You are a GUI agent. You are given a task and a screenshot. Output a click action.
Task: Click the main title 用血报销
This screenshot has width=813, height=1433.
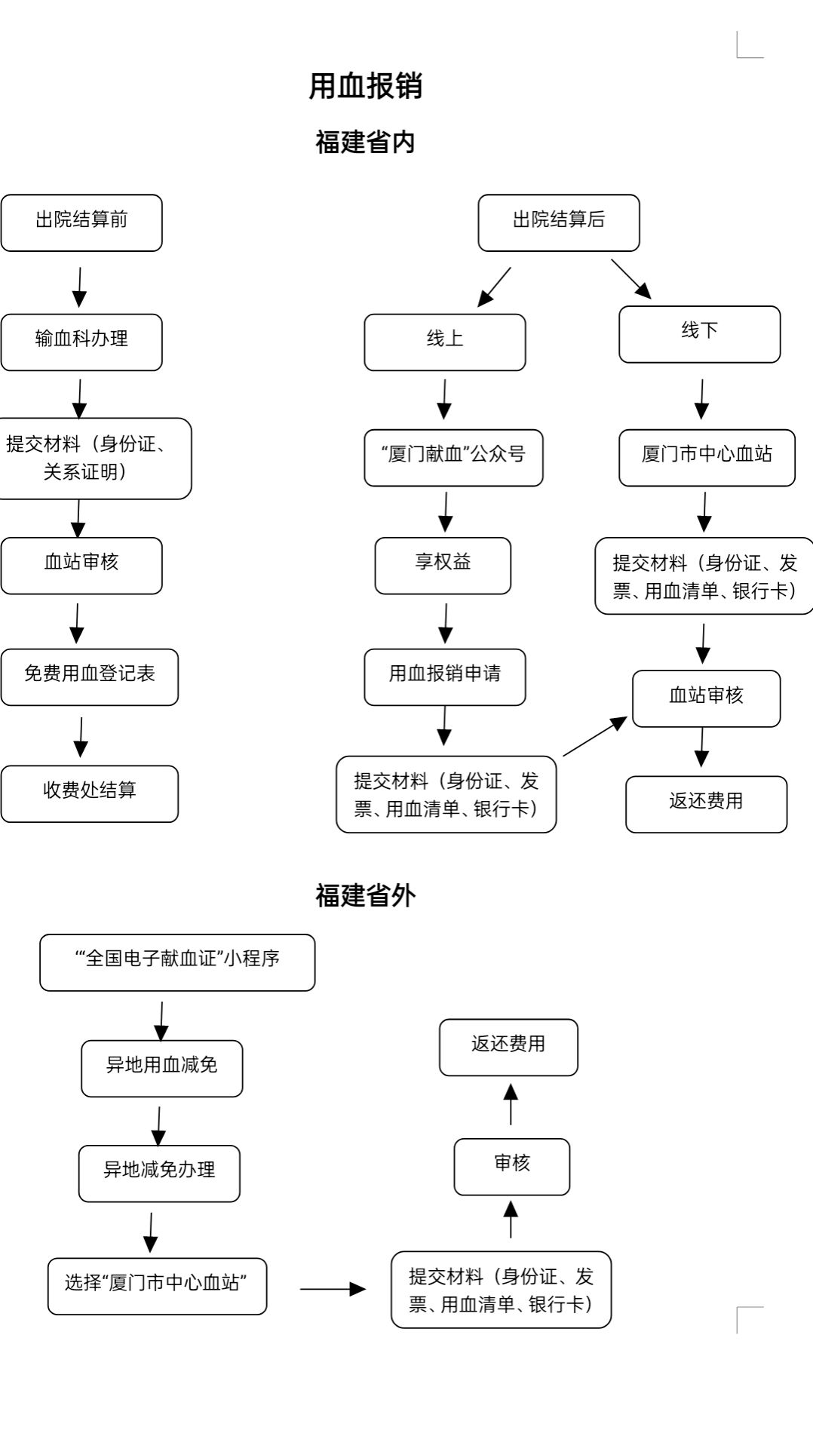(366, 86)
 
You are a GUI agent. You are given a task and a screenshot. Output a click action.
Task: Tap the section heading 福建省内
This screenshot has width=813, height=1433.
(366, 142)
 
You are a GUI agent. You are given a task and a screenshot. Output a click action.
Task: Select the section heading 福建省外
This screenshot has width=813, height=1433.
(366, 895)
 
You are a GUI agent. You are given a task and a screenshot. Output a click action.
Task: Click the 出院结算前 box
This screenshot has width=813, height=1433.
(81, 222)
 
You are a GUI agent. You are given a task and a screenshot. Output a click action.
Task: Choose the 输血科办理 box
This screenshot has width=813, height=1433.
(81, 342)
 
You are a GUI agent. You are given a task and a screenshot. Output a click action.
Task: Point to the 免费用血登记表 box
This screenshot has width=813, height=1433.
(89, 677)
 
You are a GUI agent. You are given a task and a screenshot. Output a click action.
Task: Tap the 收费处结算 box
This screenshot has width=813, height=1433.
(89, 793)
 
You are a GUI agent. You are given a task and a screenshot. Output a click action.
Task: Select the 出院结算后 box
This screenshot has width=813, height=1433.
(559, 222)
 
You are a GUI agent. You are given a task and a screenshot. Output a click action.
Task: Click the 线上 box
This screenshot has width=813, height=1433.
(445, 342)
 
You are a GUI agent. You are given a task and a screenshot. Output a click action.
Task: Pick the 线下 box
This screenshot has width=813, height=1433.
(700, 334)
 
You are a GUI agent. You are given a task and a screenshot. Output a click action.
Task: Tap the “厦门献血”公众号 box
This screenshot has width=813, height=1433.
(453, 458)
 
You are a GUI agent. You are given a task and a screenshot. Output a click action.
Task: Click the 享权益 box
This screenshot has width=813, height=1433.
(443, 566)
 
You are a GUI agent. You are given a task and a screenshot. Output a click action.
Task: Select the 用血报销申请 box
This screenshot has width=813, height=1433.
(445, 677)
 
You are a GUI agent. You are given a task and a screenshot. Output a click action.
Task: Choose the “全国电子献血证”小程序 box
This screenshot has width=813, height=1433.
(177, 962)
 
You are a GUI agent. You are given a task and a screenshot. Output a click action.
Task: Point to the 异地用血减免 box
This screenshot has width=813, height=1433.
(162, 1069)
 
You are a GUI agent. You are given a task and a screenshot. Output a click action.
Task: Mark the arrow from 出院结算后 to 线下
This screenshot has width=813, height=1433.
(631, 279)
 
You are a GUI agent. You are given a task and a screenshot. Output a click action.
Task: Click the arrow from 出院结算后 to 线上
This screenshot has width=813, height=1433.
(494, 287)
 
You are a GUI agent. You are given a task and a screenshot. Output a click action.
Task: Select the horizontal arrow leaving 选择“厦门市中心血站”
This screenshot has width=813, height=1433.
(333, 1289)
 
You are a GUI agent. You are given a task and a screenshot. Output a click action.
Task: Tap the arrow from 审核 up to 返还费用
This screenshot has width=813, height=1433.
(511, 1104)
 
